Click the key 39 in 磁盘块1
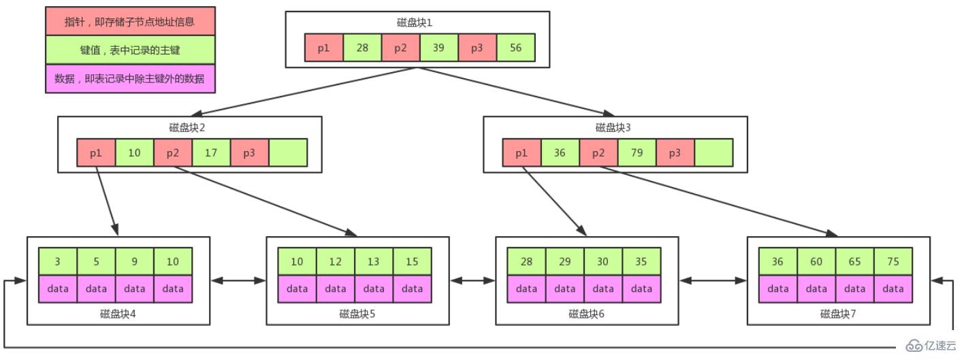pos(439,48)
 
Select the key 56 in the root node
pos(515,48)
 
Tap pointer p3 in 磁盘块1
pos(477,48)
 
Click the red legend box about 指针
pos(130,22)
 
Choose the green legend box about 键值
pos(130,50)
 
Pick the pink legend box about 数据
pos(130,78)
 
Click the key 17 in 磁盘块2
pos(211,152)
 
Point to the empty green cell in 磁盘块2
pos(288,152)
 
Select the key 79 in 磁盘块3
pos(637,152)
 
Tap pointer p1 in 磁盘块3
pos(521,152)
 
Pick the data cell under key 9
pos(135,289)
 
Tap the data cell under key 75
pos(893,289)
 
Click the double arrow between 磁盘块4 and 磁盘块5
pos(238,280)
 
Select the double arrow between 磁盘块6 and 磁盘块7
pos(713,280)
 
